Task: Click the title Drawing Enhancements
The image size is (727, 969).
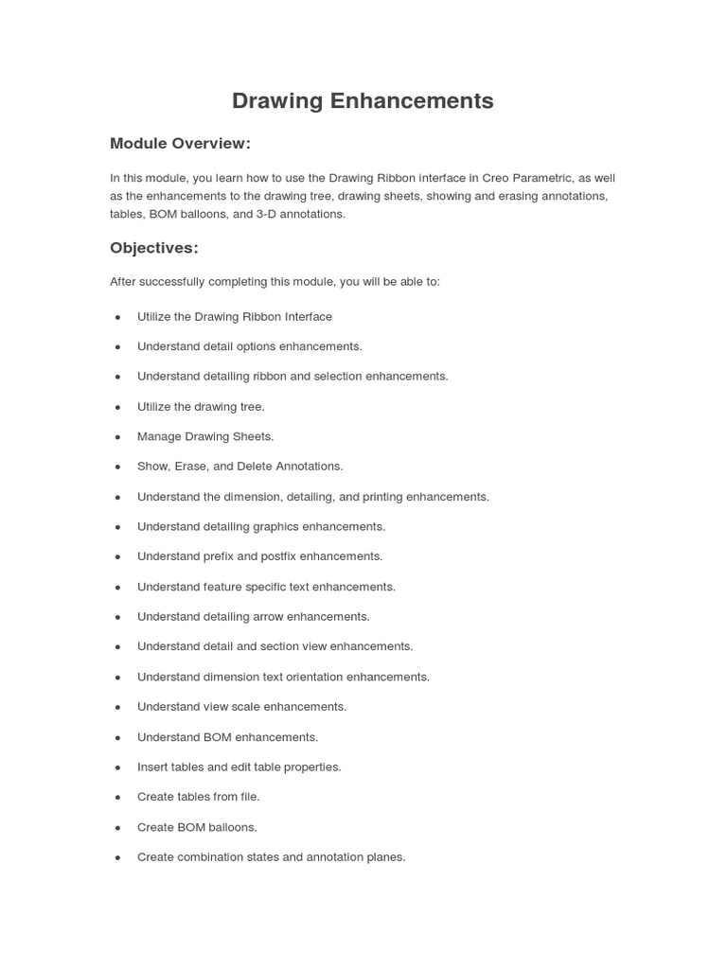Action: tap(363, 101)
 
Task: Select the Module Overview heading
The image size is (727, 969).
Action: tap(180, 144)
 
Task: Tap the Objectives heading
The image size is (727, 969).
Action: tap(154, 248)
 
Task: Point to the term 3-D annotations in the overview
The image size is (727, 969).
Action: tap(300, 214)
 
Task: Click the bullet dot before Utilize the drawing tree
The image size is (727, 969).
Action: tap(118, 407)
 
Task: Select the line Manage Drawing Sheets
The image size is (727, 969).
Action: tap(204, 436)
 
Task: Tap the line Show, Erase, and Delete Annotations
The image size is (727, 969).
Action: tap(239, 467)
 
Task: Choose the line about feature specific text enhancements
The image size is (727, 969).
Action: tap(266, 587)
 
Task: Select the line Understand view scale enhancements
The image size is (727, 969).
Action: tap(241, 707)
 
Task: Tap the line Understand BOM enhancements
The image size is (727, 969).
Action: tap(227, 737)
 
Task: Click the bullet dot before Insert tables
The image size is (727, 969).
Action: tap(118, 767)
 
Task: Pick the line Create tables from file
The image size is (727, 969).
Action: tap(198, 797)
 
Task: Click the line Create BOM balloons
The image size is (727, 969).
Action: tap(197, 827)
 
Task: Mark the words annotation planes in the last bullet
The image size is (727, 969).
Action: tap(355, 857)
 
